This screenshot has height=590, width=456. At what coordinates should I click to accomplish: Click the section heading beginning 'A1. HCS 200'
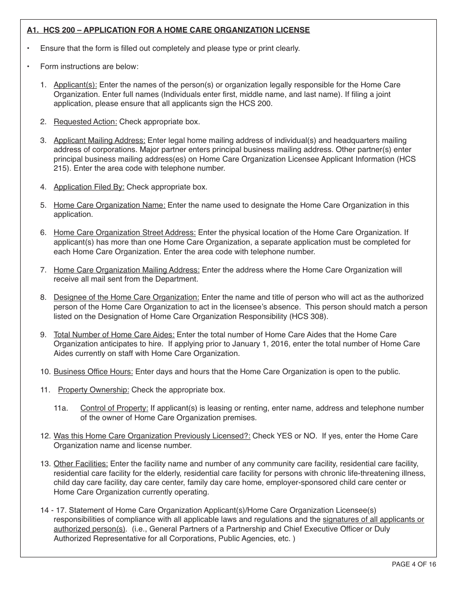click(x=168, y=30)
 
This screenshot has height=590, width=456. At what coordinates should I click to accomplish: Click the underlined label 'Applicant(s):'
click(x=75, y=85)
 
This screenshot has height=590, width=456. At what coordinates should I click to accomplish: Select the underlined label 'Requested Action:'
click(x=85, y=122)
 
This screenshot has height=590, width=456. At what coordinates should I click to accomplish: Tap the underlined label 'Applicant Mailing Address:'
click(x=99, y=141)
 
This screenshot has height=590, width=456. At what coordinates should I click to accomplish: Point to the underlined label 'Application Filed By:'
click(x=89, y=187)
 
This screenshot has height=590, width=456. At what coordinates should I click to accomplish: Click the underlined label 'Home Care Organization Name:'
click(x=109, y=205)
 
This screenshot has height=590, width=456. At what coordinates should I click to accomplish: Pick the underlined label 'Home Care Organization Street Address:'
click(x=125, y=233)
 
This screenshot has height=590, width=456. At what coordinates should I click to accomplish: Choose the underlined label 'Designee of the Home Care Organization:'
click(x=126, y=297)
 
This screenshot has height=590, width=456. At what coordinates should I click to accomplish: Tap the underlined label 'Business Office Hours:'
click(x=94, y=372)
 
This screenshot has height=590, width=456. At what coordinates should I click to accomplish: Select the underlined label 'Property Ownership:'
click(x=94, y=390)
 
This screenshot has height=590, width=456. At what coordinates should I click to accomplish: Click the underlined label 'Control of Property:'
click(x=114, y=408)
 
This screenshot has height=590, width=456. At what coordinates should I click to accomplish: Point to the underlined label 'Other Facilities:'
click(x=81, y=464)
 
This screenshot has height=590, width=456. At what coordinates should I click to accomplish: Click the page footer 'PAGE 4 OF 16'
click(x=414, y=565)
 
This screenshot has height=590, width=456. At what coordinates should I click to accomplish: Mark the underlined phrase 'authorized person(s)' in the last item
click(x=90, y=529)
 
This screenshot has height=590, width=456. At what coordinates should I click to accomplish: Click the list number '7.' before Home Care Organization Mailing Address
click(x=43, y=270)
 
